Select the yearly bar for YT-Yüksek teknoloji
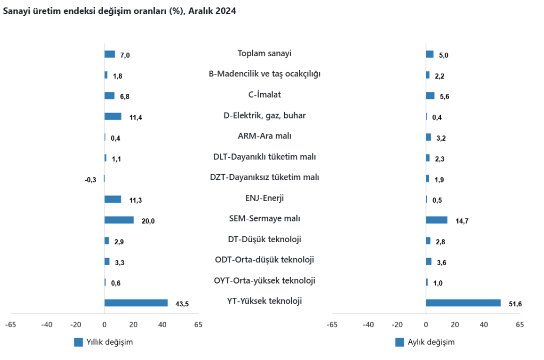[136, 303]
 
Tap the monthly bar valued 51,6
[463, 303]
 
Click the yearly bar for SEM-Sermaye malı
[119, 220]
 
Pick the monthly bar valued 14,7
[437, 220]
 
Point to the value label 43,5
[182, 304]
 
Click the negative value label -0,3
[90, 179]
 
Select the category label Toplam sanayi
[265, 53]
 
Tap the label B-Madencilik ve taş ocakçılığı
[265, 74]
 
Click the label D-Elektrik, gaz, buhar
[265, 115]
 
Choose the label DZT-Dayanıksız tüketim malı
[265, 177]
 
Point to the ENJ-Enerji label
[265, 198]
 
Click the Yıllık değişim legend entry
[104, 342]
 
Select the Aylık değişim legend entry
[425, 342]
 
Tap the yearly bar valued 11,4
[113, 116]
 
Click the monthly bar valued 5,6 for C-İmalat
[430, 96]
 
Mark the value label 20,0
[148, 221]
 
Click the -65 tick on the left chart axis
[10, 324]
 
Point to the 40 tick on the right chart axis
[483, 324]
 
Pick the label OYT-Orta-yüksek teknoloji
[265, 280]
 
